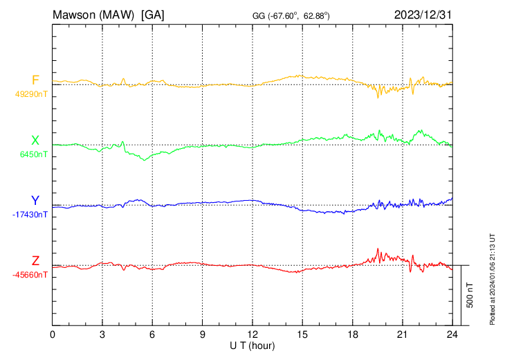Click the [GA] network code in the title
click(x=152, y=15)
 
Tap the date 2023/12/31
click(x=423, y=15)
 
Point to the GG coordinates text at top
click(x=291, y=15)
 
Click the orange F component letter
click(x=35, y=80)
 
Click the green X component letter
click(x=35, y=140)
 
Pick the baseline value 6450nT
click(x=33, y=154)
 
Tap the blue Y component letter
click(x=35, y=201)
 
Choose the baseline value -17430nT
click(x=30, y=215)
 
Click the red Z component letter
click(x=35, y=260)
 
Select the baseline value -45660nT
click(x=30, y=275)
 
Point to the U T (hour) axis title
click(x=252, y=345)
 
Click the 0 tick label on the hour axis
click(x=53, y=334)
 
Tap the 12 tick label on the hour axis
click(x=252, y=334)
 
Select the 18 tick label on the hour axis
click(x=352, y=334)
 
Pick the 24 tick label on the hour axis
click(x=452, y=334)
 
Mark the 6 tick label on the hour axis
click(x=152, y=334)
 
